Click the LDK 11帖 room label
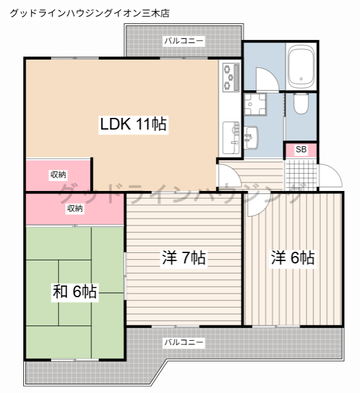click(134, 124)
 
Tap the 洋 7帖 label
click(184, 258)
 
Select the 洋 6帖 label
click(293, 258)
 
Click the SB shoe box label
click(301, 149)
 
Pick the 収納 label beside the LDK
click(58, 174)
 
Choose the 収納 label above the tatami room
click(75, 208)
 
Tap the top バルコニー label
click(184, 41)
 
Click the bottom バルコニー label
click(184, 342)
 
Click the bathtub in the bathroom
click(301, 67)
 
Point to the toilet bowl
click(301, 103)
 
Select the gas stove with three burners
click(231, 77)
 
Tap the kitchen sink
click(231, 138)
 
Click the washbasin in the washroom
click(251, 138)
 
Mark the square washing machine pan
click(255, 104)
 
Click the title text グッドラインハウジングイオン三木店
click(90, 13)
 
